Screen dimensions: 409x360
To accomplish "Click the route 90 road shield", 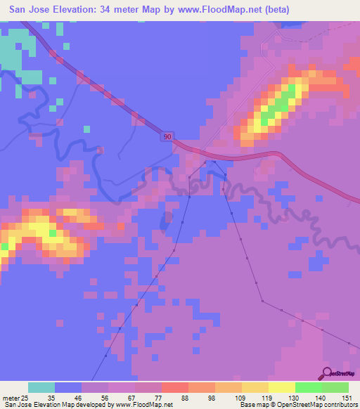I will [165, 137].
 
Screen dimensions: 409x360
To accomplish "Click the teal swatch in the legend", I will [41, 387].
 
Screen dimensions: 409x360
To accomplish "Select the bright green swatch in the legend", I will [308, 387].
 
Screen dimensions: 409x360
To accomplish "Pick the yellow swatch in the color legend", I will [281, 387].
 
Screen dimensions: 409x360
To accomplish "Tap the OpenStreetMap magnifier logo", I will [328, 372].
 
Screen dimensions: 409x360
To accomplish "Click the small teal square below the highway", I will [86, 129].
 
